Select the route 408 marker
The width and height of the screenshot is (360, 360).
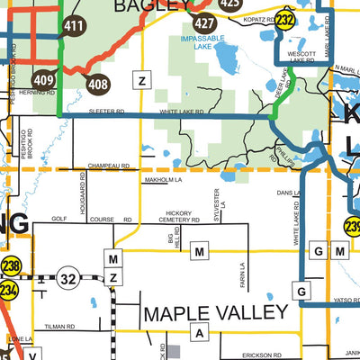click(98, 84)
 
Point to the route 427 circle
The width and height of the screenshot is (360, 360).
click(205, 22)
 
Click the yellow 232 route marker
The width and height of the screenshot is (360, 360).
click(286, 20)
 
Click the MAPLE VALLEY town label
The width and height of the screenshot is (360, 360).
click(216, 313)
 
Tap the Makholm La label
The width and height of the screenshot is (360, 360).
click(163, 181)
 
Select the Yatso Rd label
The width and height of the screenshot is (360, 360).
click(346, 301)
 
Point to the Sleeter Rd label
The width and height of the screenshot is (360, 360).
click(105, 112)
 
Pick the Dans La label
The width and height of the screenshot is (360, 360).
click(288, 193)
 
